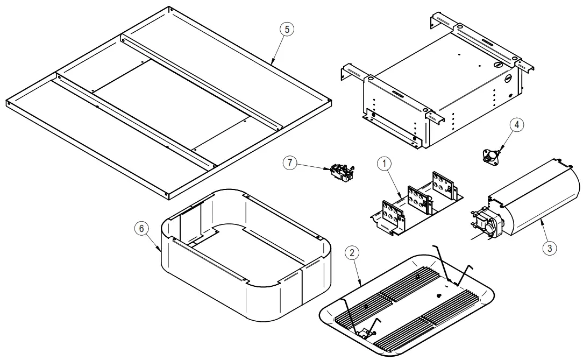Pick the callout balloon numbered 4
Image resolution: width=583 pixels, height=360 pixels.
[x=515, y=125]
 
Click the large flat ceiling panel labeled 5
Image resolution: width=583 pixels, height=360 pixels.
[x=172, y=102]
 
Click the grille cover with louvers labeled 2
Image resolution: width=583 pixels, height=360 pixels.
[x=409, y=301]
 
